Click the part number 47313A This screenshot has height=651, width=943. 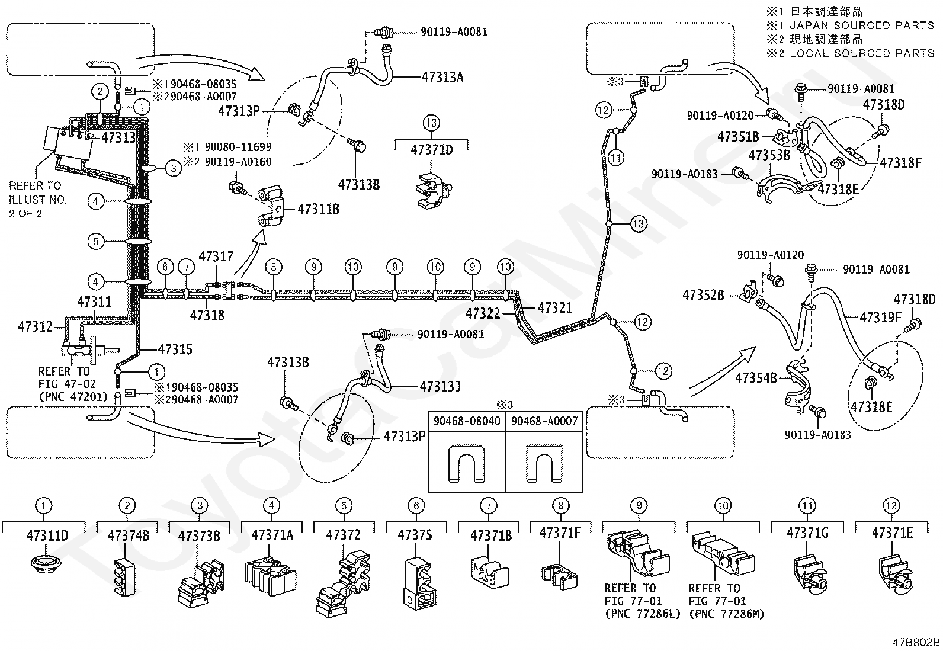pos(442,76)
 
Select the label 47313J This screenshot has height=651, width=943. pos(440,387)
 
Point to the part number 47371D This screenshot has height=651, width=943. pos(431,150)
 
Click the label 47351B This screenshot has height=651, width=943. pos(738,137)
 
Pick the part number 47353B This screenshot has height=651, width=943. pos(769,155)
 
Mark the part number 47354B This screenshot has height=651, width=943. pos(755,377)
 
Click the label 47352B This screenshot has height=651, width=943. pos(703,294)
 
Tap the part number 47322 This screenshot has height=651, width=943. pos(483,313)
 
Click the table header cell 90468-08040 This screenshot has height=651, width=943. pos(467,421)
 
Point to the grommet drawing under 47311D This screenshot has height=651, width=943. pos(47,563)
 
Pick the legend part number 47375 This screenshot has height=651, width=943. pos(415,535)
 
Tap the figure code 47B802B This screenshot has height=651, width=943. pos(916,642)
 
